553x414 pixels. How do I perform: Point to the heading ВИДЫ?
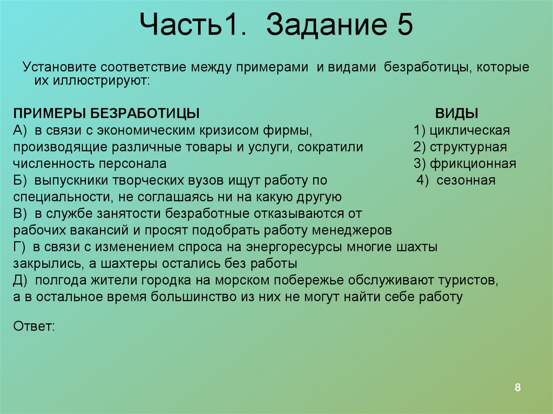click(x=457, y=114)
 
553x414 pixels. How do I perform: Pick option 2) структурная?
click(x=460, y=147)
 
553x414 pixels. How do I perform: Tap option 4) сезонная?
click(x=456, y=180)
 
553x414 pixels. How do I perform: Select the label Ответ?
click(x=33, y=327)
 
